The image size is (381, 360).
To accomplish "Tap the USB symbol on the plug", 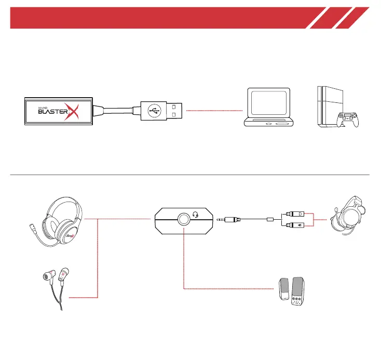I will coord(153,110).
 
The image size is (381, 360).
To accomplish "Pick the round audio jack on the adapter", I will coord(184,219).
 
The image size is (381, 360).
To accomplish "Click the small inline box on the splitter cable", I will coord(269,220).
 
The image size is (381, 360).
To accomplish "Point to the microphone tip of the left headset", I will coord(32,227).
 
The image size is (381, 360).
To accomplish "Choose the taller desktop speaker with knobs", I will coord(298,292).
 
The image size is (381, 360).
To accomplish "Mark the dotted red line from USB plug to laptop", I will coord(214,111).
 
